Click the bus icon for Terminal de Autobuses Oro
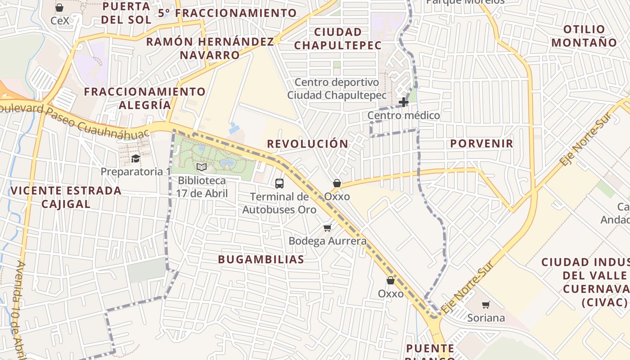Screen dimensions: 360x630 (279, 184)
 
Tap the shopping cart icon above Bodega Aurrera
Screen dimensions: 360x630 (328, 228)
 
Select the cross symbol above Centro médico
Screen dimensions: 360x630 (404, 102)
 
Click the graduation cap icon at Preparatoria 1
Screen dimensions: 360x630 (135, 158)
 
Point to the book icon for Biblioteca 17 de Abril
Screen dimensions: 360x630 (202, 167)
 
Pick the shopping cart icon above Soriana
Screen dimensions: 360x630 (486, 305)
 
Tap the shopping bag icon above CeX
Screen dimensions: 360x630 (59, 8)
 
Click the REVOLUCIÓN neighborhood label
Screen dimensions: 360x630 (308, 144)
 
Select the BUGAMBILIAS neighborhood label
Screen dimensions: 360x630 (261, 260)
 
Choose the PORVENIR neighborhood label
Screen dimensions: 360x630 (481, 144)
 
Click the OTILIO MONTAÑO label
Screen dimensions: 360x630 (585, 36)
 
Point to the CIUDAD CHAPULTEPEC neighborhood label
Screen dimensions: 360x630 (338, 39)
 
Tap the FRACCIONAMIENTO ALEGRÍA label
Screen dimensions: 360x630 (145, 98)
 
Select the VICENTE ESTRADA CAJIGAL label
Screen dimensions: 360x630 (66, 197)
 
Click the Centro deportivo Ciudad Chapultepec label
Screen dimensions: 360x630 (337, 89)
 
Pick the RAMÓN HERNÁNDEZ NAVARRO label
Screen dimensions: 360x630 (210, 48)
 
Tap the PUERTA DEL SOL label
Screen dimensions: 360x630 (126, 13)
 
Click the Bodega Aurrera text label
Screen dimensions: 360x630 (328, 241)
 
